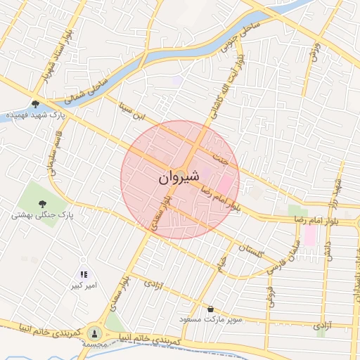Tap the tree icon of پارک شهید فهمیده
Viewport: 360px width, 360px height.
35,104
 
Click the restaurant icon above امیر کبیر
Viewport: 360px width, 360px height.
84,275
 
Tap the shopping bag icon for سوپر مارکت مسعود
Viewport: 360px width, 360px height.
210,308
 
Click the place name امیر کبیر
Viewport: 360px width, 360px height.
83,286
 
